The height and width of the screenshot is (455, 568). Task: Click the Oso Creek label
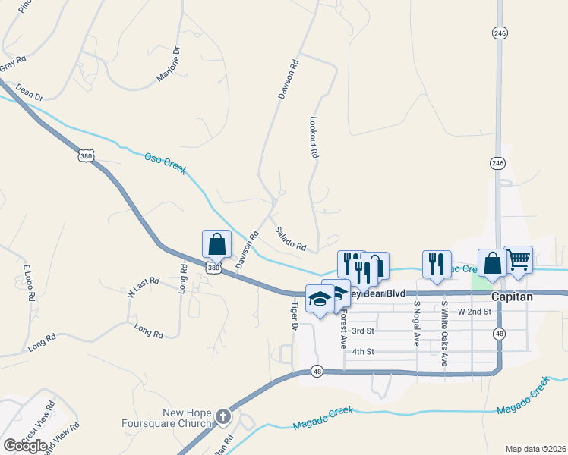click(166, 163)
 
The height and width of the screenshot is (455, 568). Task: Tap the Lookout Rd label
click(313, 136)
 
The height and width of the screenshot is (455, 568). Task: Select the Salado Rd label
click(290, 240)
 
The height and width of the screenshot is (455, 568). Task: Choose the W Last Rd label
click(143, 285)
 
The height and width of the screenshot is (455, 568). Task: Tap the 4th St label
click(364, 351)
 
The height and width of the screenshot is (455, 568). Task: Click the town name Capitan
click(512, 297)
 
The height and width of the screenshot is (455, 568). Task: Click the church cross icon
click(222, 416)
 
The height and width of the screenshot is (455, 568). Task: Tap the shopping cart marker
click(518, 260)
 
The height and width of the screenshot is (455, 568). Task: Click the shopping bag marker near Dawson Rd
click(216, 244)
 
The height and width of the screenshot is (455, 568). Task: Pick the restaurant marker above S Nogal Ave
click(436, 263)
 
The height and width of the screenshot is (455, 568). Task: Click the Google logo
click(25, 445)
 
